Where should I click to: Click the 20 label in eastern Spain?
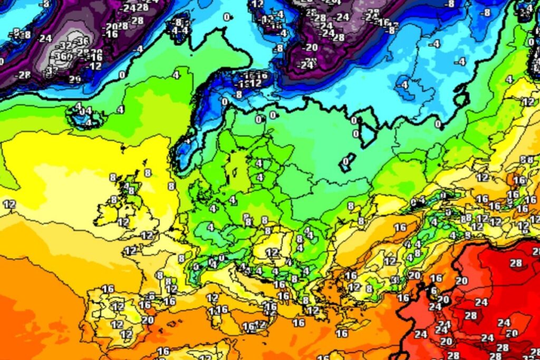[148, 320]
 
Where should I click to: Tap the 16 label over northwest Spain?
[108, 289]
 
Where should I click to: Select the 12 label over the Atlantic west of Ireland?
[9, 204]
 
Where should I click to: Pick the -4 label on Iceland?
[88, 123]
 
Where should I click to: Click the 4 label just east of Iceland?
[121, 110]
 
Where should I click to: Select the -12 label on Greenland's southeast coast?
[95, 66]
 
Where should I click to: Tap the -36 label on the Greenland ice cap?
[82, 41]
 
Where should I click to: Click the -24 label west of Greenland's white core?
[45, 38]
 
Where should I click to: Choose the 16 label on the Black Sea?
[400, 227]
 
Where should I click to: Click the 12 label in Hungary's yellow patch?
[272, 252]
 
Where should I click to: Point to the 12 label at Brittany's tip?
[130, 250]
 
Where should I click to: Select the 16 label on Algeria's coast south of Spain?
[163, 352]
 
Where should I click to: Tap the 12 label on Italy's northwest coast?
[212, 298]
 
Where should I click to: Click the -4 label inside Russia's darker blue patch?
[404, 84]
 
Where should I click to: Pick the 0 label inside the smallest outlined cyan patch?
[346, 161]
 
